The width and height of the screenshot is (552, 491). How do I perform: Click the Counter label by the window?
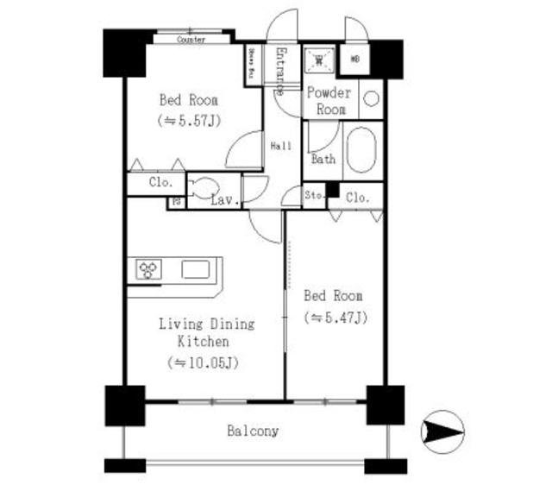(x=191, y=40)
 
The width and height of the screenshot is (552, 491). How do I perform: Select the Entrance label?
(x=281, y=71)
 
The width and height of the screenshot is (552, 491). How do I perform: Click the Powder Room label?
(x=329, y=101)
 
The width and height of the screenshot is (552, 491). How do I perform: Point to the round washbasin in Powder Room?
(x=371, y=98)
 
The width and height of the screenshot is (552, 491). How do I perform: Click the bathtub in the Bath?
(x=361, y=151)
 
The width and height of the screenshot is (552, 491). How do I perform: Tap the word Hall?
(x=280, y=148)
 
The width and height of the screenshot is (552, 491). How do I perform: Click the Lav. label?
(x=225, y=201)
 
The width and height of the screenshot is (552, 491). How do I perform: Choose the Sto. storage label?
(x=314, y=196)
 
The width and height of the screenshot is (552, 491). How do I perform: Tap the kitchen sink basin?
(x=194, y=270)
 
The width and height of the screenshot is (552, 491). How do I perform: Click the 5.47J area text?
(x=336, y=317)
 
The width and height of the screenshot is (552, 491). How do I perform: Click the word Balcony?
(x=253, y=430)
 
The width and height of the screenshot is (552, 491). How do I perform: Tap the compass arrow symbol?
(x=442, y=429)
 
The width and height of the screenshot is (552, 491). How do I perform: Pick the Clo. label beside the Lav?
(x=160, y=183)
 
